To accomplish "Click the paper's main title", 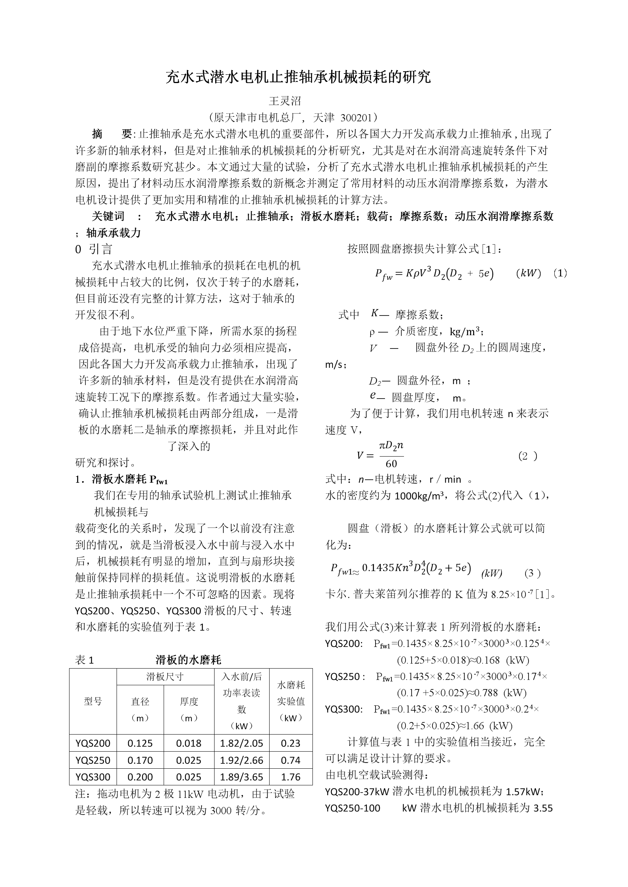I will click(298, 77).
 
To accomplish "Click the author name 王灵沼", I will click(285, 101).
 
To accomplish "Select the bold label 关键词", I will click(108, 216).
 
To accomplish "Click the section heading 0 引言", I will click(94, 249).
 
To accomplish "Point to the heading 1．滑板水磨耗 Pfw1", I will click(121, 479).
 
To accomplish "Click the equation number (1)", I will click(560, 273).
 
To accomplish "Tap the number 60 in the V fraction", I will click(391, 463).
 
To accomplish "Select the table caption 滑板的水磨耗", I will click(188, 659).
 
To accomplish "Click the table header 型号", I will click(93, 701).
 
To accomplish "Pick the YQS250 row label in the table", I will click(93, 760).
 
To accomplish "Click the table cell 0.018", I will click(189, 743).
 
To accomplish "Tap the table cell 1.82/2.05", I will click(241, 743).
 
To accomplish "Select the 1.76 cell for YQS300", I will click(290, 777).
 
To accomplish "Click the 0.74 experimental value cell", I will click(290, 760).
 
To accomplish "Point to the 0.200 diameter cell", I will click(140, 777).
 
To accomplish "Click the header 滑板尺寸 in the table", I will click(165, 677).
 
